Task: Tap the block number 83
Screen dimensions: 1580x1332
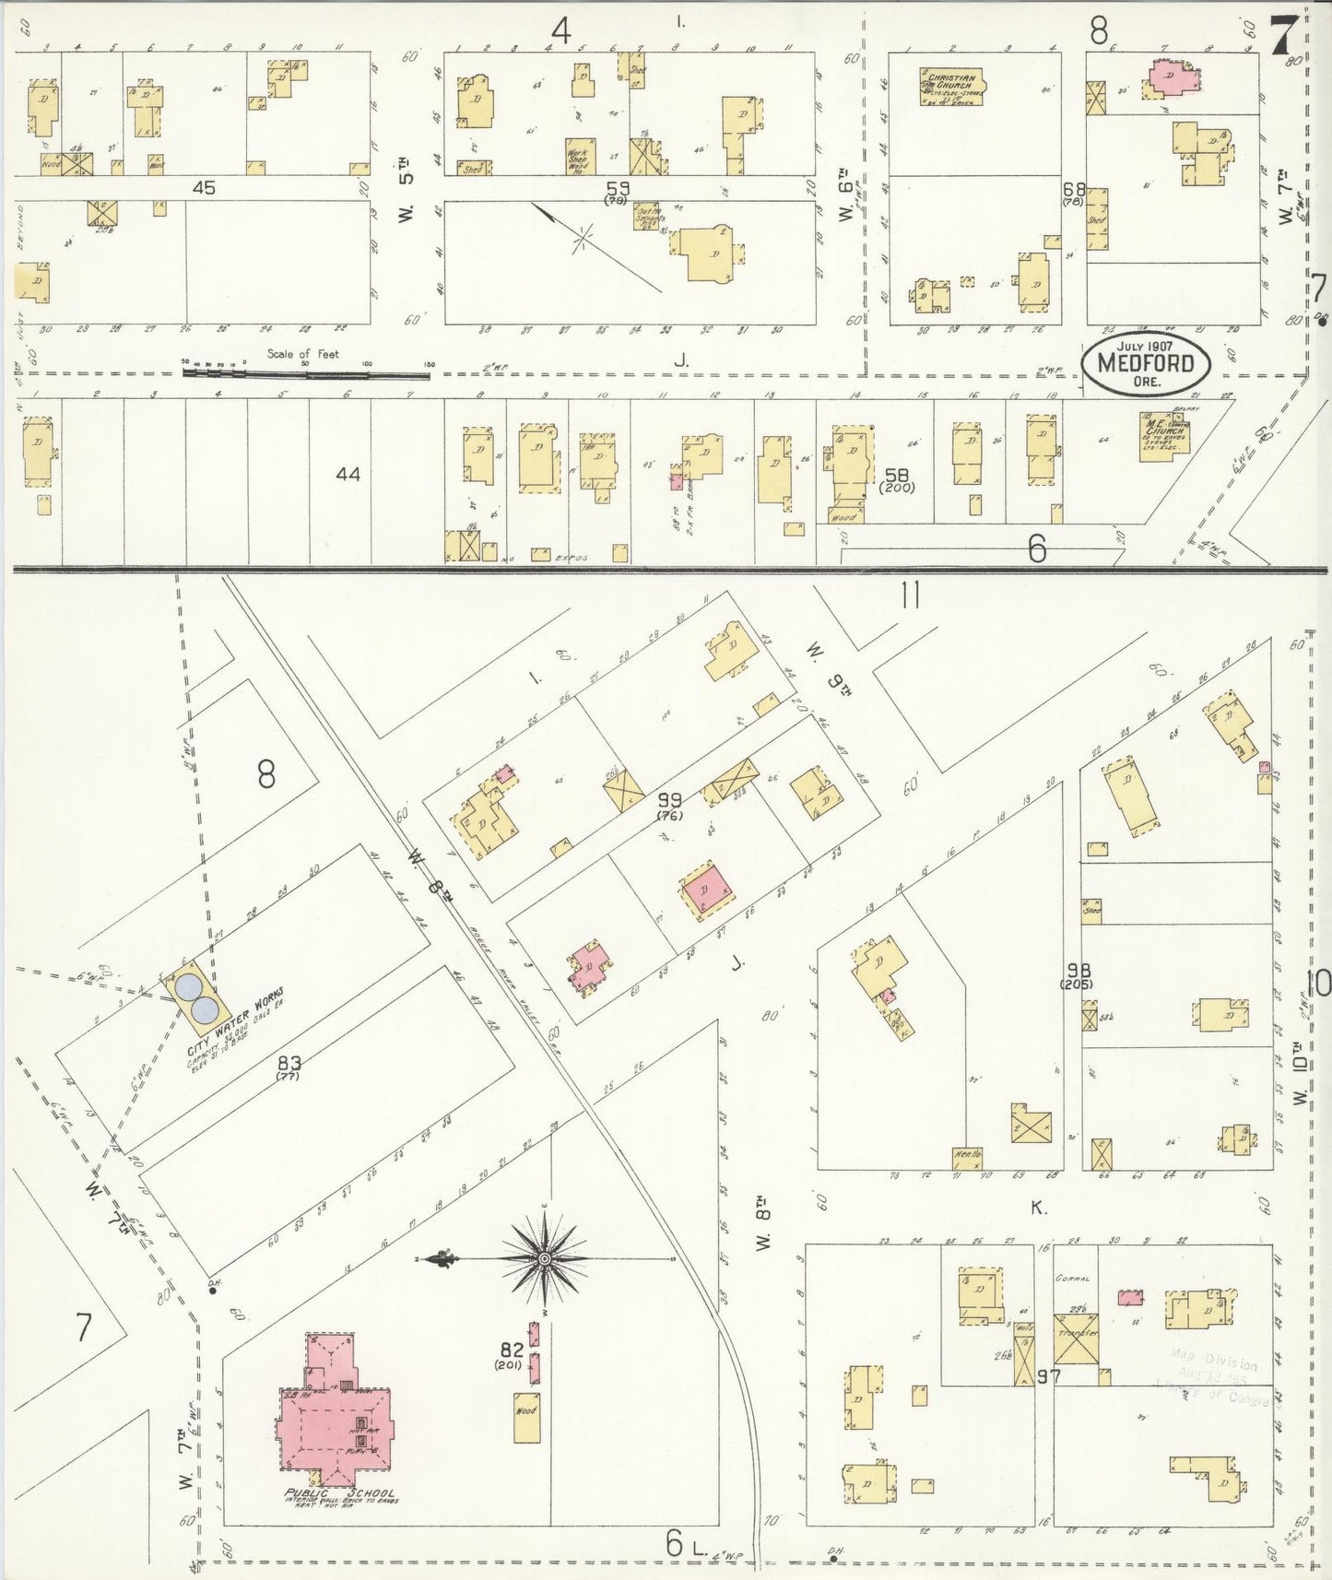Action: (289, 1062)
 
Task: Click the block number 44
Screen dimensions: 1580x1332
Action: (348, 475)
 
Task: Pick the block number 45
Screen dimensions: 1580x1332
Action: (204, 187)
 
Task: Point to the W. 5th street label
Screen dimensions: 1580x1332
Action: (407, 168)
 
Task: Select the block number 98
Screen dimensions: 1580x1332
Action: (1073, 971)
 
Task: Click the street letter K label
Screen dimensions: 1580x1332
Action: (1038, 1208)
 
